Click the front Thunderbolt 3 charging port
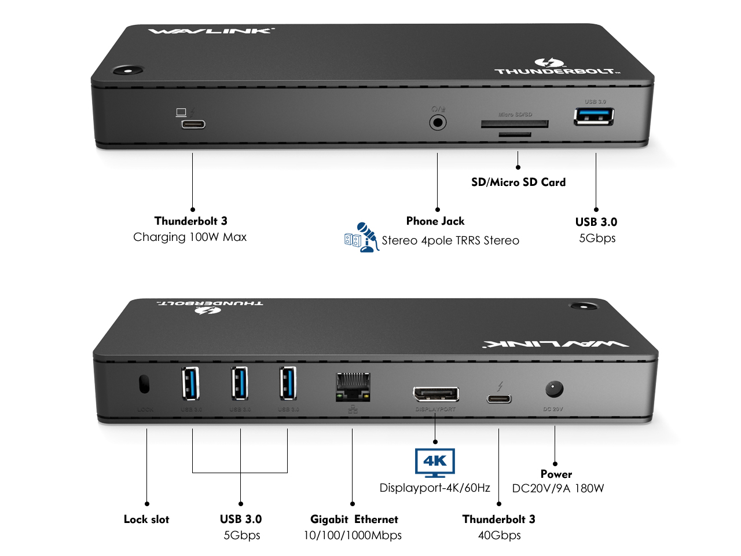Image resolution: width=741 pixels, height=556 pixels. tap(193, 124)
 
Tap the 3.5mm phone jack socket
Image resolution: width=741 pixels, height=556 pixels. tap(438, 123)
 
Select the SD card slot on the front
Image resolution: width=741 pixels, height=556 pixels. tap(515, 124)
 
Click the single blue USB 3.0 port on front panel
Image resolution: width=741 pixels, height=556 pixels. tap(593, 116)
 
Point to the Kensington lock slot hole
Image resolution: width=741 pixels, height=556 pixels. tap(144, 384)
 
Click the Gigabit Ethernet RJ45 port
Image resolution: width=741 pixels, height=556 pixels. tap(353, 386)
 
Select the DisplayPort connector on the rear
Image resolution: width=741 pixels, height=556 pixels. tap(435, 394)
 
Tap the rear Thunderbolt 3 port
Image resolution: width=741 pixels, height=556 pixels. tap(499, 398)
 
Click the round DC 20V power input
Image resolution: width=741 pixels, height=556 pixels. tap(554, 389)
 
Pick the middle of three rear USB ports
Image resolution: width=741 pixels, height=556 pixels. tap(240, 383)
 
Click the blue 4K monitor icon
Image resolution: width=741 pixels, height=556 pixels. tap(435, 463)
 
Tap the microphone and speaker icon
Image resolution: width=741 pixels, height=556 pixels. tap(361, 237)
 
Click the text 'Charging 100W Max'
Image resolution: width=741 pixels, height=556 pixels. tap(190, 237)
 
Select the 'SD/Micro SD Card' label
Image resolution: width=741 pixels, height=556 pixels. tap(518, 182)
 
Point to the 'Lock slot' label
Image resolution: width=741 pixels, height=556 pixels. tap(146, 519)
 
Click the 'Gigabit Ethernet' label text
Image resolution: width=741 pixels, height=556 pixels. tap(354, 519)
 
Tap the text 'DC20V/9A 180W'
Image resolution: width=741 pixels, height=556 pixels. tap(557, 488)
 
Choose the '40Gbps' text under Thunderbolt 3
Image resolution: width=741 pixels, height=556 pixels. tap(499, 535)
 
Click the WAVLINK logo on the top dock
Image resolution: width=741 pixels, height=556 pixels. tap(211, 31)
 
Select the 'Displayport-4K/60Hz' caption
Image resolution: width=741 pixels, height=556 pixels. tap(435, 488)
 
